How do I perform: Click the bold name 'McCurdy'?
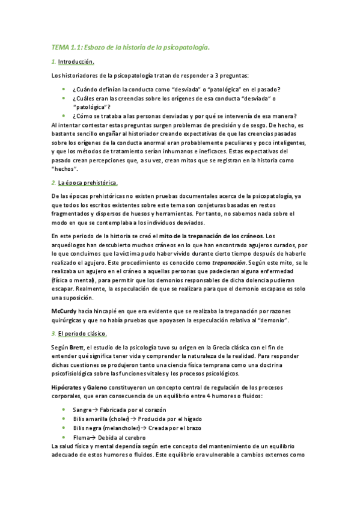point(64,311)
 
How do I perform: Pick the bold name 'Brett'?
point(76,348)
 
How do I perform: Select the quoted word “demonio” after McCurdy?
point(272,320)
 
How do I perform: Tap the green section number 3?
point(53,333)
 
